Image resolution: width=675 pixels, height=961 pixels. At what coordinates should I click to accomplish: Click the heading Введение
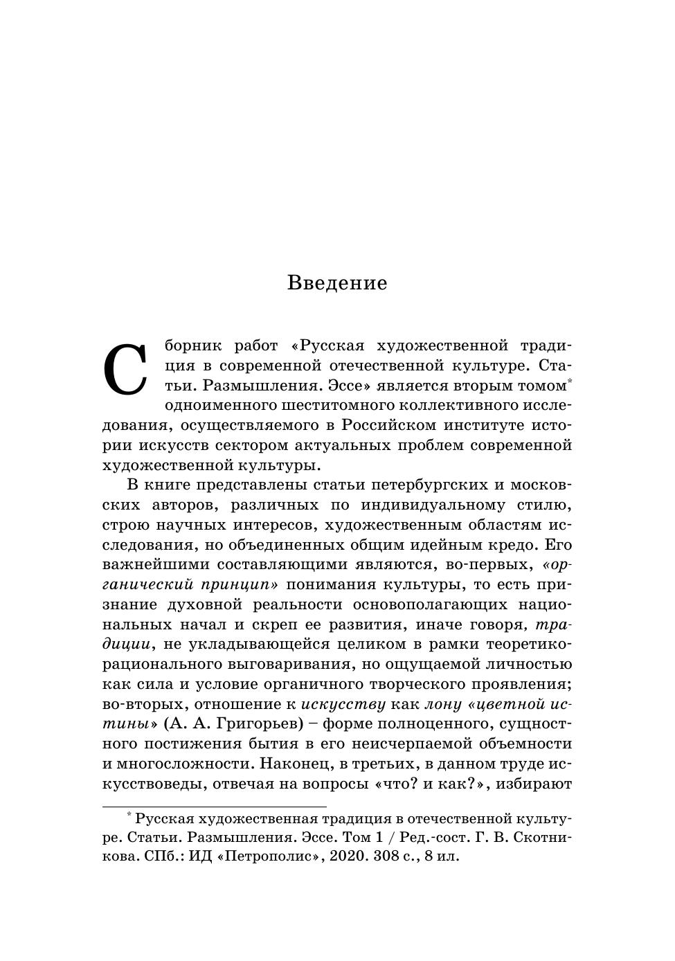(337, 283)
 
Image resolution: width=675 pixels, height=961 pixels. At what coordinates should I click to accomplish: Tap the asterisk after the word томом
(569, 380)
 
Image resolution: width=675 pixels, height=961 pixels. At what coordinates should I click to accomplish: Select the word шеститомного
(334, 405)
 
